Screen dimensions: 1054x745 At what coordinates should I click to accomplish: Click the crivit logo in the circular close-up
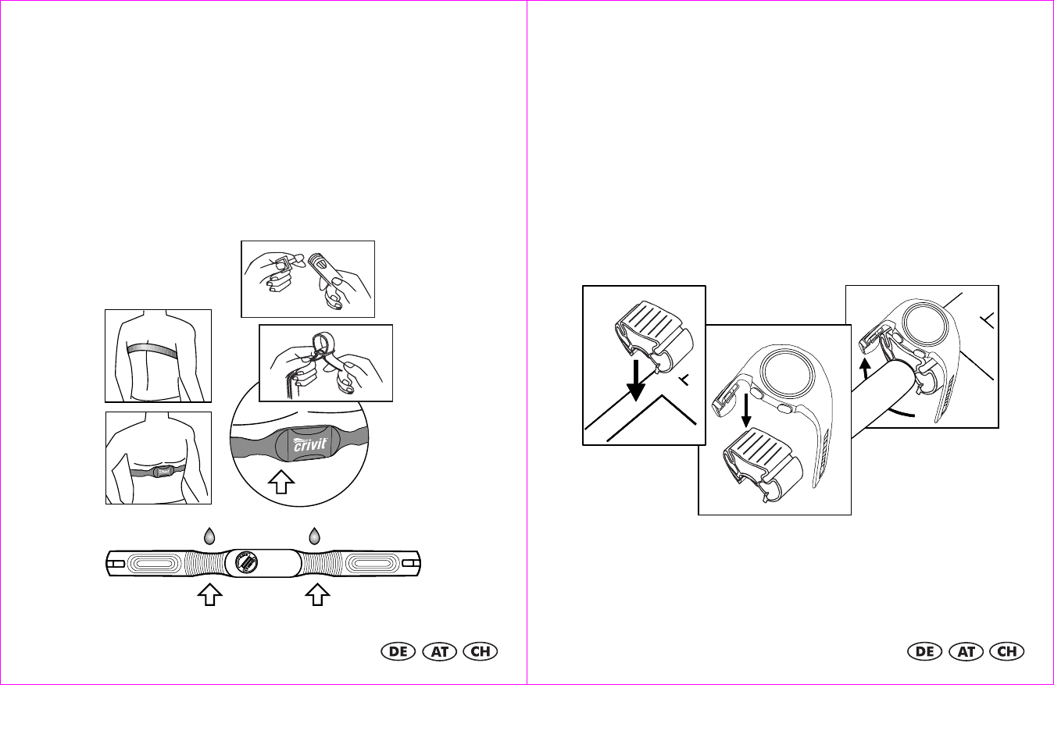pyautogui.click(x=310, y=444)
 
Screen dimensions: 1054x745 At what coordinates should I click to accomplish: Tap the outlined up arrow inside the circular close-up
pyautogui.click(x=281, y=482)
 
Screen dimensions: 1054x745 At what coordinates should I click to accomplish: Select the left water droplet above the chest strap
pyautogui.click(x=209, y=536)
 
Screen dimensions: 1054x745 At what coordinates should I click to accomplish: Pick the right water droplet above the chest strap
pyautogui.click(x=314, y=536)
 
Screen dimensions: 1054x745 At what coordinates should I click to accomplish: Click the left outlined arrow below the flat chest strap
pyautogui.click(x=210, y=594)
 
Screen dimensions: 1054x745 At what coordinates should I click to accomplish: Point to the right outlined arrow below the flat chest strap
pyautogui.click(x=318, y=594)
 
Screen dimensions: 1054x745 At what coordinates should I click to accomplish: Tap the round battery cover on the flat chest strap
pyautogui.click(x=247, y=563)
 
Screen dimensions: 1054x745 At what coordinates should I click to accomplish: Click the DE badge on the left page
pyautogui.click(x=398, y=651)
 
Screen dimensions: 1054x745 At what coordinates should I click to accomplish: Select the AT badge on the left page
pyautogui.click(x=439, y=651)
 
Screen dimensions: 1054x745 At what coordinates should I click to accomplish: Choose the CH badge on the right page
pyautogui.click(x=1007, y=651)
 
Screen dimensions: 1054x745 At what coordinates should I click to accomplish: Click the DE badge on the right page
pyautogui.click(x=925, y=651)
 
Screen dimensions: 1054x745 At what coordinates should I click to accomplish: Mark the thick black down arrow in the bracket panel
pyautogui.click(x=636, y=381)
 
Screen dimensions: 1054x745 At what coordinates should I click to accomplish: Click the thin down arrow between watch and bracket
pyautogui.click(x=746, y=411)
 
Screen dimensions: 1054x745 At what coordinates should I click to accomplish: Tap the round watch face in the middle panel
pyautogui.click(x=788, y=374)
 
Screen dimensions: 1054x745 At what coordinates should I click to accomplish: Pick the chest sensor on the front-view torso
pyautogui.click(x=163, y=471)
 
